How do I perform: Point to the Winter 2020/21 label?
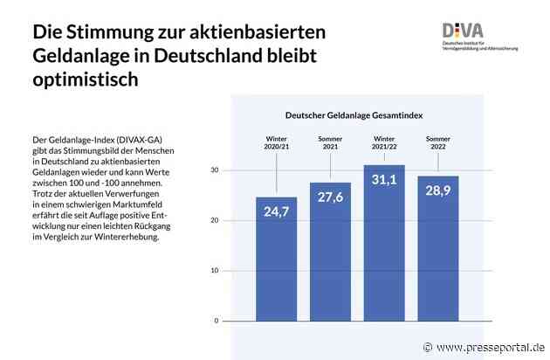276,142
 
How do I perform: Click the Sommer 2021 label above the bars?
330,142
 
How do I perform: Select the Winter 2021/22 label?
384,142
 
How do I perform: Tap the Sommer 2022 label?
438,142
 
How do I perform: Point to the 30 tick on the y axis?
215,170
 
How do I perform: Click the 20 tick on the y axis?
215,220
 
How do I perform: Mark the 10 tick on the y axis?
215,271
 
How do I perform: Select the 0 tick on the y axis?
217,321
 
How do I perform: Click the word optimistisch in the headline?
85,80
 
